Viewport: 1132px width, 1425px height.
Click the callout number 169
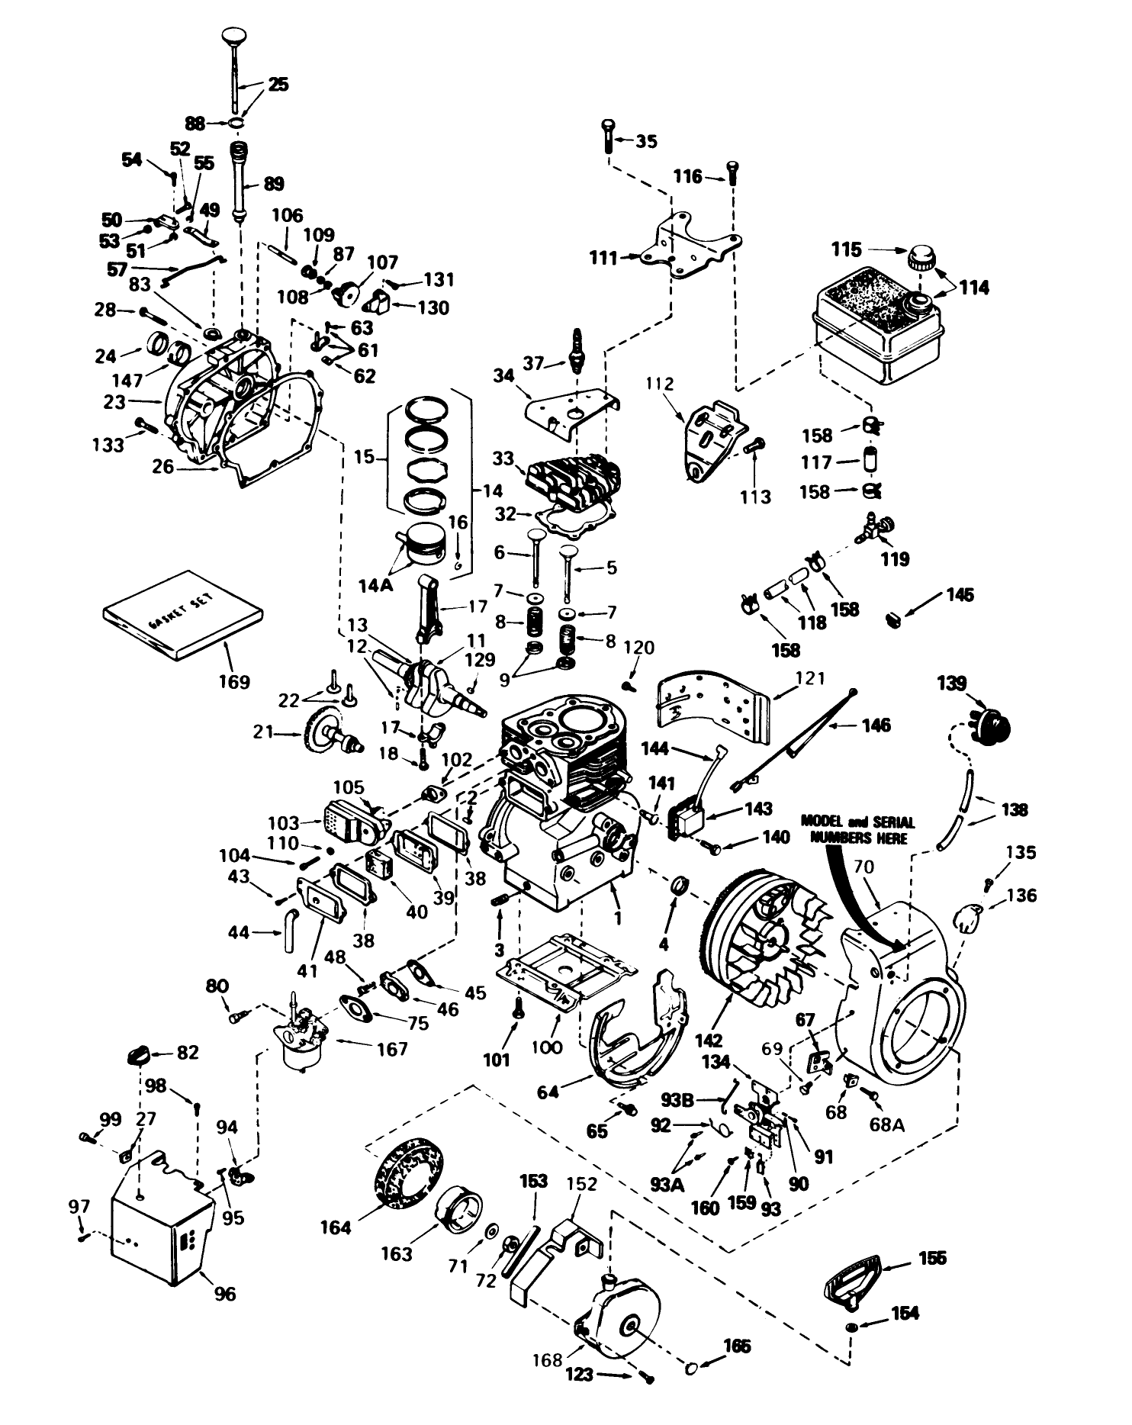(x=233, y=681)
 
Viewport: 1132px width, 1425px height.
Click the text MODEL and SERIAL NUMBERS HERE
(x=857, y=829)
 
